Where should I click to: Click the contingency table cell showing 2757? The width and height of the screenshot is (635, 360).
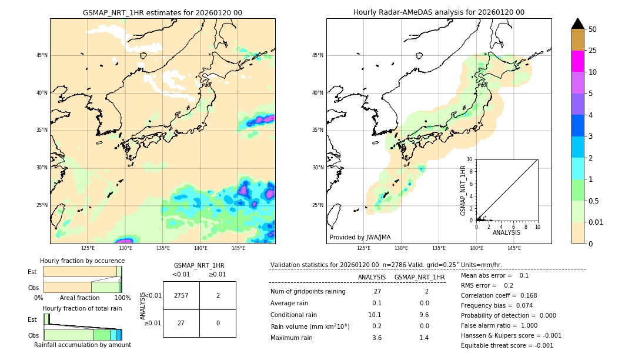181,295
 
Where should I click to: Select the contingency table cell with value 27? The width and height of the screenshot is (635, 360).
181,323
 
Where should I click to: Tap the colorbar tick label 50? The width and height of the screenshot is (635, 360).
593,29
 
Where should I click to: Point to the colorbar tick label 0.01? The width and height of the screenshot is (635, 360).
596,222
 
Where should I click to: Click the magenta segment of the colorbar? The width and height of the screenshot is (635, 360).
577,61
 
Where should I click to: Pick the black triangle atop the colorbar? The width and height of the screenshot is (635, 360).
577,24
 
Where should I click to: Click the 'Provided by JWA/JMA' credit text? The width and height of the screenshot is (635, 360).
360,238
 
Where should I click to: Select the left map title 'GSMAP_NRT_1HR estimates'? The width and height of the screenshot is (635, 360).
162,13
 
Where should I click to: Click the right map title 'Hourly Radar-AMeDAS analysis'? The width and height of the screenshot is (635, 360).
439,12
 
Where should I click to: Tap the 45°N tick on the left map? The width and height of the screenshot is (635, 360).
42,55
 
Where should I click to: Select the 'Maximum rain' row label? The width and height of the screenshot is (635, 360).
292,338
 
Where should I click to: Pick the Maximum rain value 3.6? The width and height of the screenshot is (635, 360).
377,338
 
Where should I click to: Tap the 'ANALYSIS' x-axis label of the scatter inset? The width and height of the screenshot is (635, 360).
506,233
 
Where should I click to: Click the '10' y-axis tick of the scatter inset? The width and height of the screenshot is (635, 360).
469,159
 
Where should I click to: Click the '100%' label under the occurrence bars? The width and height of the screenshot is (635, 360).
122,298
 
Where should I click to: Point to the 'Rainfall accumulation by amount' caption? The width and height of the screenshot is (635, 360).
82,345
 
